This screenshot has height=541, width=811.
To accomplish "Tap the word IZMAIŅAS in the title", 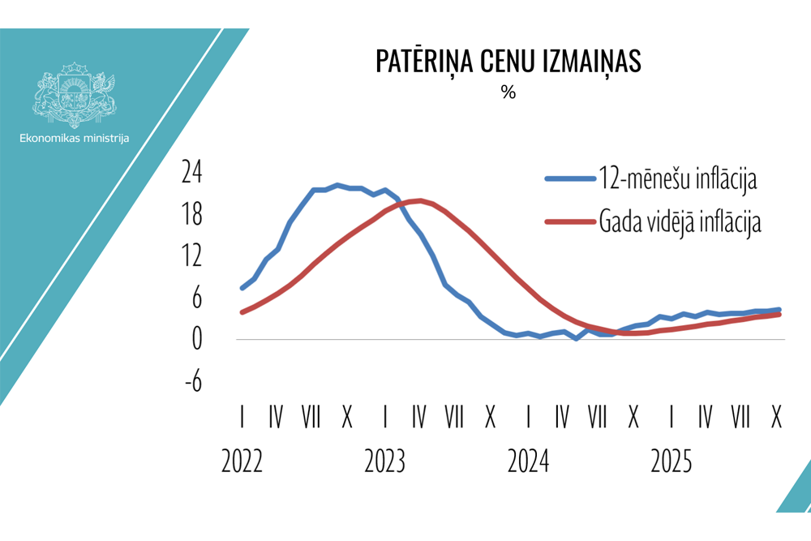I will tap(594, 62).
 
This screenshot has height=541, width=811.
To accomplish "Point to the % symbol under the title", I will tap(508, 92).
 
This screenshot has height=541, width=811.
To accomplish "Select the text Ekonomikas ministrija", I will tap(75, 139).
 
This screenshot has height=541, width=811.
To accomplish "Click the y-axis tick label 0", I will tap(195, 340).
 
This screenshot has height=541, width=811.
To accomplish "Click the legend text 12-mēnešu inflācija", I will tap(678, 178).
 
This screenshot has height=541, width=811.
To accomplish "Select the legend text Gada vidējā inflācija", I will tap(680, 221).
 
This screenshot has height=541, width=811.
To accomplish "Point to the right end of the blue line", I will tap(779, 310).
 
